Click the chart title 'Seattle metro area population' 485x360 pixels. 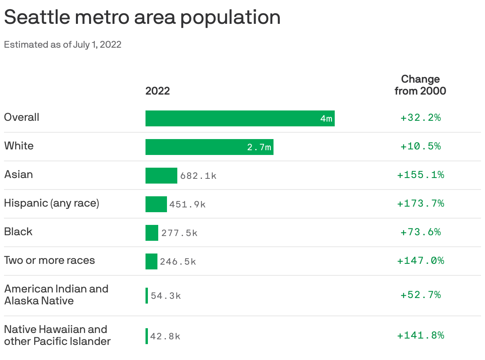142,17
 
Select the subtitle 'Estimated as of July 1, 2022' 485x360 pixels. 62,45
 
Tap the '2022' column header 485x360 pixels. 157,91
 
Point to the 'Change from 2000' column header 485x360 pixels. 420,85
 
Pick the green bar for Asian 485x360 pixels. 161,176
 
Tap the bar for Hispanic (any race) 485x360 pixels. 156,204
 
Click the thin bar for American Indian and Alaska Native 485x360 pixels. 147,296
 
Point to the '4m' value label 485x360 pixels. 326,118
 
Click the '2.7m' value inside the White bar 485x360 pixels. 259,147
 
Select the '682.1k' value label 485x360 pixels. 198,176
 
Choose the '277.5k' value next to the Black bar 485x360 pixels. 179,233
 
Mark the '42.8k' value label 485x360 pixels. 165,336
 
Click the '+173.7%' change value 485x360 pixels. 420,203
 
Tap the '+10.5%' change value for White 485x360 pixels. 420,146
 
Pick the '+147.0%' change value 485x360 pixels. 420,261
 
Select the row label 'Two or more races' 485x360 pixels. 50,261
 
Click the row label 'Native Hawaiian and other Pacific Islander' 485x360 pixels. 57,335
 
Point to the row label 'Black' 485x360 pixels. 18,232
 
